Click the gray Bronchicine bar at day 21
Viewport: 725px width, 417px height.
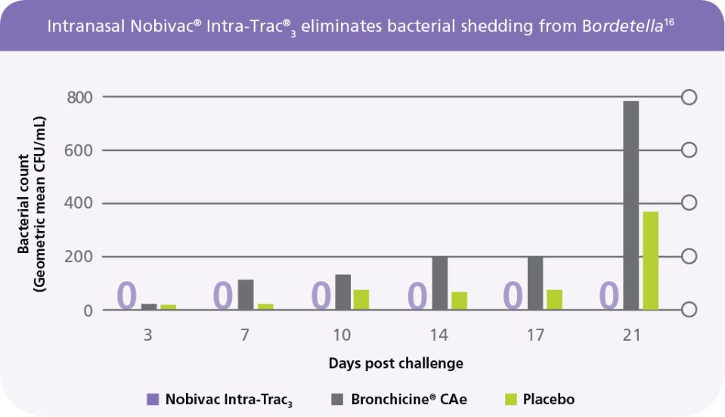(631, 205)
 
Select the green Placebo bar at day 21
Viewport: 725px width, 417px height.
(651, 261)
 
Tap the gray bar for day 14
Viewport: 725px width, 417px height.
(440, 283)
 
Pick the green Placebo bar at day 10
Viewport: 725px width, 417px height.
(361, 300)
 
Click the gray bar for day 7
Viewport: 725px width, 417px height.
(246, 295)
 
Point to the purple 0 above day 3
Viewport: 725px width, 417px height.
(127, 295)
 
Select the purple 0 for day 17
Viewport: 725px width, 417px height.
(513, 295)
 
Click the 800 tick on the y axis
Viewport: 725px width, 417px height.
(79, 97)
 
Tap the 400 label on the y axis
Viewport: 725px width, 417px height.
(79, 203)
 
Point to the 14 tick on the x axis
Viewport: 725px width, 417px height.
(438, 335)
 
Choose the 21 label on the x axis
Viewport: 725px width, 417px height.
(631, 335)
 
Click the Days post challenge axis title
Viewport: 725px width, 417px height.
(396, 363)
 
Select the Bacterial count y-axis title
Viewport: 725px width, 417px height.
(31, 205)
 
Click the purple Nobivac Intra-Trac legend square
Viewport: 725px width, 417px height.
(153, 400)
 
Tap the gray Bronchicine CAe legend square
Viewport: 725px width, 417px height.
(337, 400)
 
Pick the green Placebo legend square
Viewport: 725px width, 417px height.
(510, 400)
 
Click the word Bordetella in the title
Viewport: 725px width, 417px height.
(623, 26)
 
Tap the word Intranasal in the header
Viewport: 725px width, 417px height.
(86, 26)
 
